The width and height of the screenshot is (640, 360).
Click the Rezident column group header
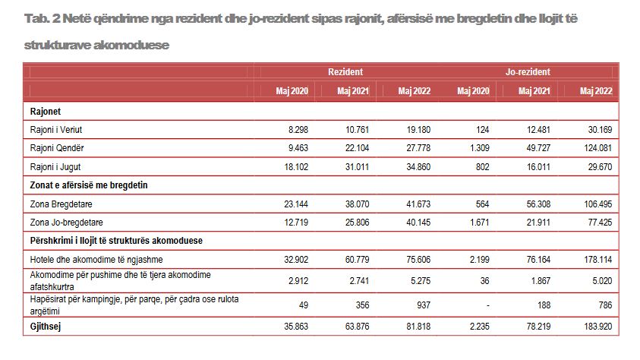(345, 72)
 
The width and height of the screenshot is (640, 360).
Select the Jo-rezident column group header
(528, 72)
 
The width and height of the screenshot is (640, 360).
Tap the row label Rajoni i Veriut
(56, 130)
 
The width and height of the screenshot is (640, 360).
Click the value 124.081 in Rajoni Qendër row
(598, 148)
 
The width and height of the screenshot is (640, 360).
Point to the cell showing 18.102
(296, 166)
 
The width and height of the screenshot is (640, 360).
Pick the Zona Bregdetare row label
(61, 204)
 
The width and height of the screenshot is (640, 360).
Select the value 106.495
(598, 204)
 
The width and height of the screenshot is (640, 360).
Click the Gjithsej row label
(46, 327)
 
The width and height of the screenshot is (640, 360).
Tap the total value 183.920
(598, 327)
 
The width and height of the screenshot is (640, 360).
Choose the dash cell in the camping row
(487, 305)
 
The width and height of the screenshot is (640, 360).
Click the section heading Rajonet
(46, 112)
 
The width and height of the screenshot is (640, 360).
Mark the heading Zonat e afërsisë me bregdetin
(89, 185)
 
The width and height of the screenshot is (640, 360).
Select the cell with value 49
(303, 305)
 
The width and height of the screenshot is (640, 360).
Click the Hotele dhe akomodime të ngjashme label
(96, 260)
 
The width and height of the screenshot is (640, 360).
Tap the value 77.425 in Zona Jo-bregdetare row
(600, 223)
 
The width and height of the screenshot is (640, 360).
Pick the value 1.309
(480, 148)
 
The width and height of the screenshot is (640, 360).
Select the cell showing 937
(424, 305)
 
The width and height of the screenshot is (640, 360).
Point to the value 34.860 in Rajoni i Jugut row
(418, 166)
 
